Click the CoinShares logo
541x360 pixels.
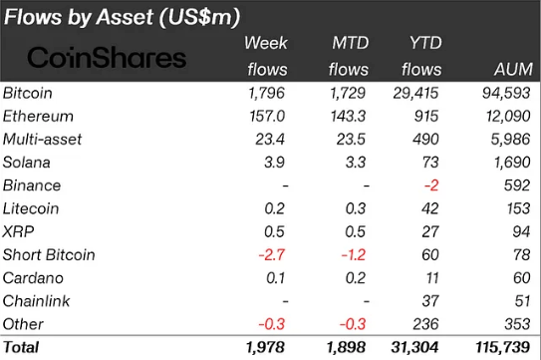click(x=106, y=57)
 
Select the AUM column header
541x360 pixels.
click(x=511, y=69)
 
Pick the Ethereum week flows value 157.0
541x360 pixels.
click(x=268, y=117)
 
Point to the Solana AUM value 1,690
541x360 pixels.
click(x=511, y=163)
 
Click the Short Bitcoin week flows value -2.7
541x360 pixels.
click(x=272, y=254)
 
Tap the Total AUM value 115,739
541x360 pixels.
click(x=504, y=347)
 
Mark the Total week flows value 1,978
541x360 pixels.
click(x=266, y=347)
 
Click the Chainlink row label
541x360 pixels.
click(x=36, y=300)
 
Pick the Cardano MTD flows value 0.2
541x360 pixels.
click(x=357, y=277)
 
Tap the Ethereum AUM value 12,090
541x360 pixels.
click(x=507, y=117)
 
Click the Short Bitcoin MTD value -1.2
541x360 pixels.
click(x=354, y=254)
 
